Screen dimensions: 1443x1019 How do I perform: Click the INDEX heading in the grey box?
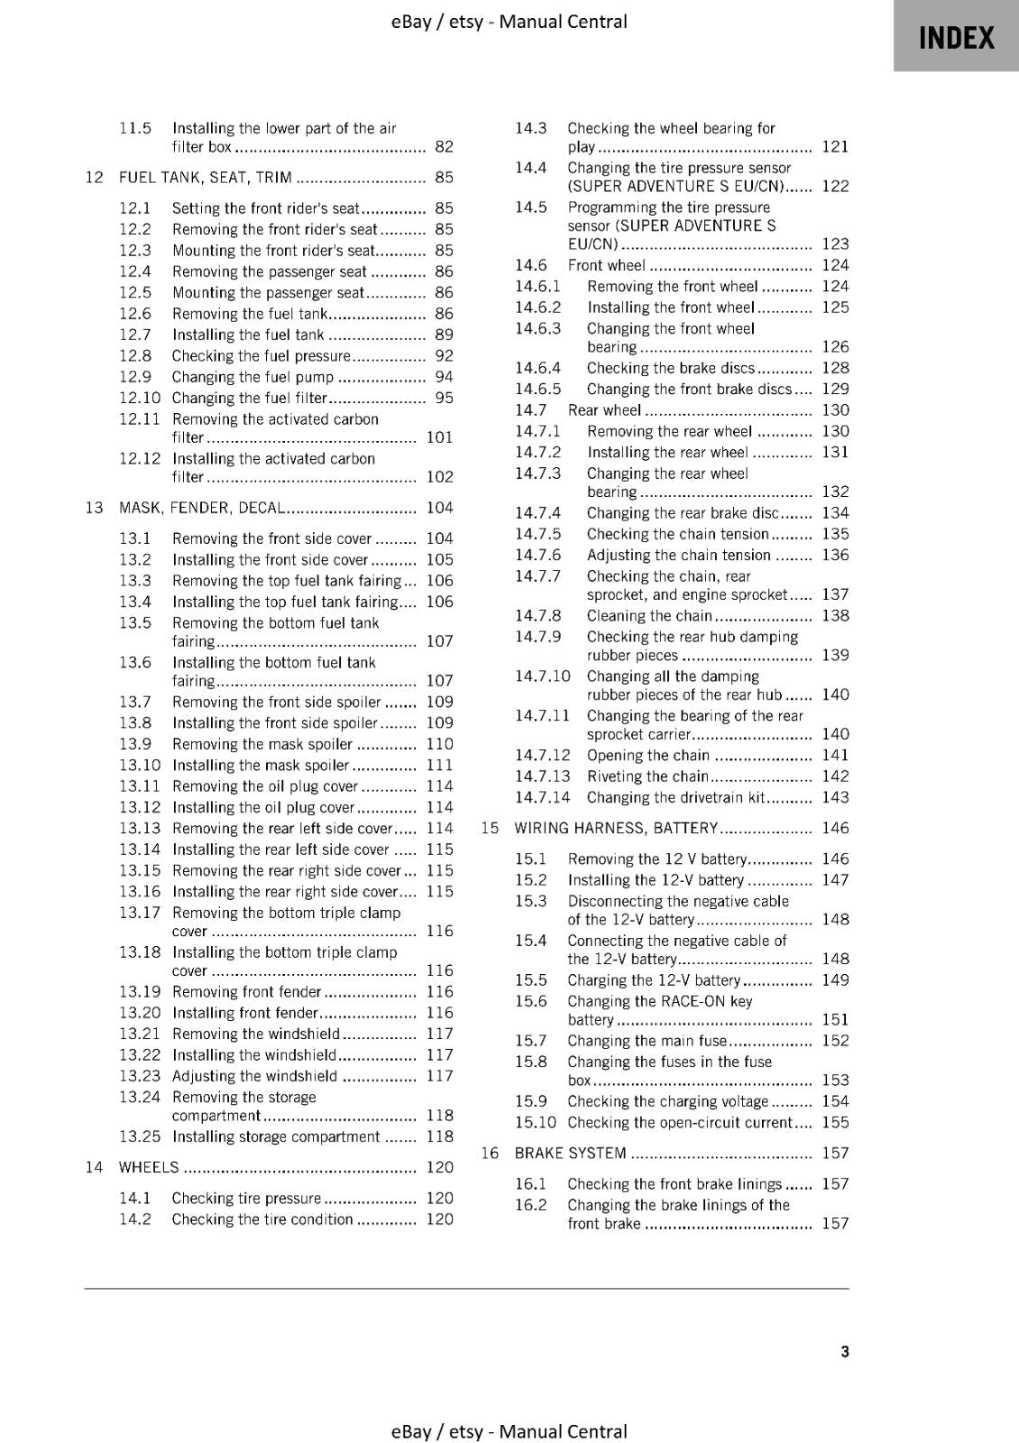[956, 38]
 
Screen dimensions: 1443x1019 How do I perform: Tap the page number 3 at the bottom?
[844, 1351]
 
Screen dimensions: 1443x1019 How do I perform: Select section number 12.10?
[139, 398]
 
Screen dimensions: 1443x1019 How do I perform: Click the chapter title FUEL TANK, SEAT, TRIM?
[206, 178]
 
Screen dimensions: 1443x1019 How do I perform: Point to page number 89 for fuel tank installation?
[444, 335]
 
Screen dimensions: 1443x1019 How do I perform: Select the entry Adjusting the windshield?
[254, 1076]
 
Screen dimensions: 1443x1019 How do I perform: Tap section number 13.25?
[139, 1136]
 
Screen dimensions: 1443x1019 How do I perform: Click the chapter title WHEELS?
[149, 1167]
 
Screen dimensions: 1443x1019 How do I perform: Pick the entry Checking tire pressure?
[246, 1198]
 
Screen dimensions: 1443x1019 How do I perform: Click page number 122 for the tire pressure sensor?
[835, 186]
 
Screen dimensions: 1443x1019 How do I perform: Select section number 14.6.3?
[537, 328]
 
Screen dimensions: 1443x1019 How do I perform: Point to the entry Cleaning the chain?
[649, 616]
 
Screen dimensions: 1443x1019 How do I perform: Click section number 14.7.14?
[542, 797]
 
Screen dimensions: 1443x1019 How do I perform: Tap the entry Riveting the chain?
[647, 777]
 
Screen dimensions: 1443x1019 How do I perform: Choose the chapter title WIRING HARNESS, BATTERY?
[616, 828]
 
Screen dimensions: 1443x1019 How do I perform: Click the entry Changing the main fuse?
[647, 1041]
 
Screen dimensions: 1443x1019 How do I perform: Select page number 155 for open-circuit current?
[835, 1123]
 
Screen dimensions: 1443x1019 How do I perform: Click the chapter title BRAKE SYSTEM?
[570, 1153]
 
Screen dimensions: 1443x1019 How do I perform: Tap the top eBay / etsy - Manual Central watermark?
[509, 21]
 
